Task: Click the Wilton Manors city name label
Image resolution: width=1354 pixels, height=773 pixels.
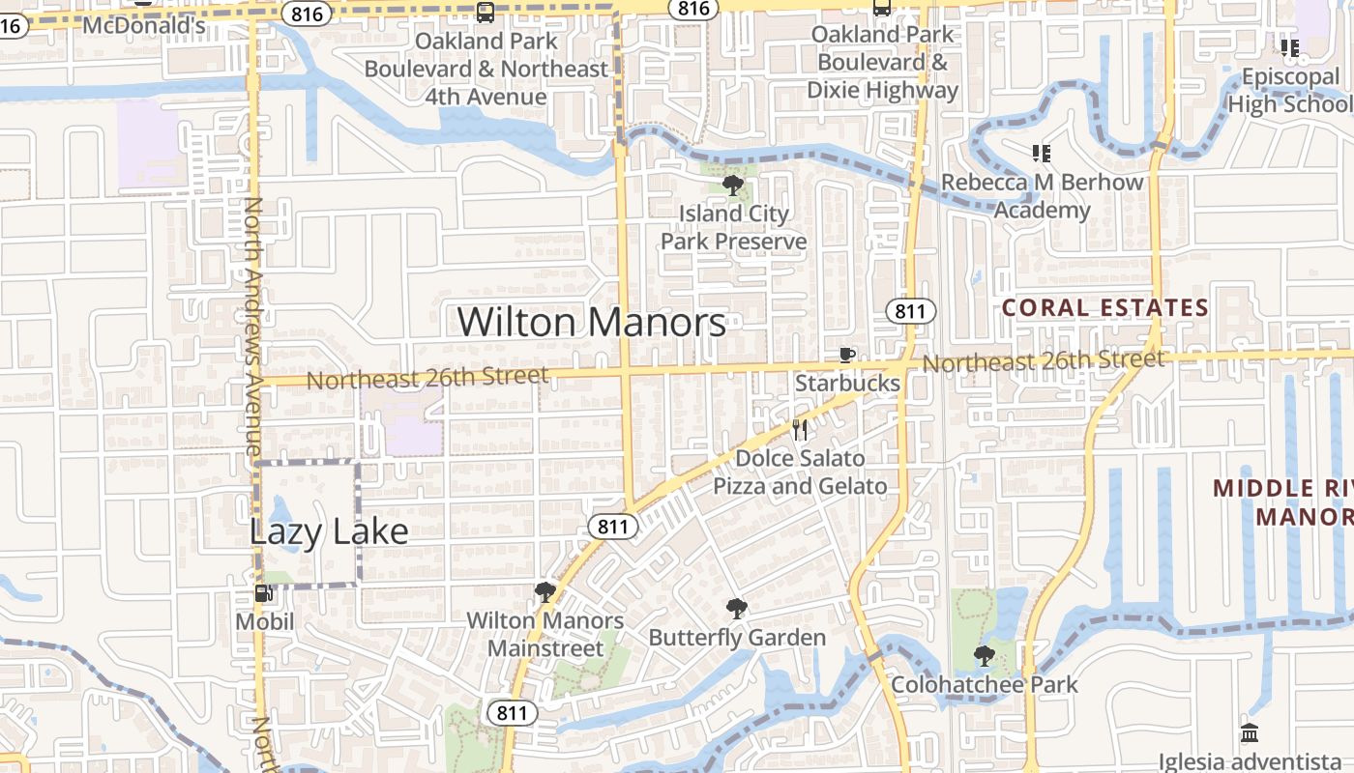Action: (x=591, y=322)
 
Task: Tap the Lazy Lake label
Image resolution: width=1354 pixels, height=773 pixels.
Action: (x=328, y=531)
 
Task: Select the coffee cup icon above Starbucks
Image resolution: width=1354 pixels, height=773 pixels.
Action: (x=847, y=355)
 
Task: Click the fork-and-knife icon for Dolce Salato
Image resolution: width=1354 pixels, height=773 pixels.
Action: (x=800, y=429)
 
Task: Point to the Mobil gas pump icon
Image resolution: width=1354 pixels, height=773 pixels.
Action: (x=263, y=592)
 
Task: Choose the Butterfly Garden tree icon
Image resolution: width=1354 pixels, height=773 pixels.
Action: (x=737, y=608)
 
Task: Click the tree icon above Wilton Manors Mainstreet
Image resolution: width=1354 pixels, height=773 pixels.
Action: (x=545, y=591)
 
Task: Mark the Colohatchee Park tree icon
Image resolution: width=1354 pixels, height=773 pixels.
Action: (x=985, y=656)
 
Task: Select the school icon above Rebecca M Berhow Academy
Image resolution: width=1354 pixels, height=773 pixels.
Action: (x=1042, y=153)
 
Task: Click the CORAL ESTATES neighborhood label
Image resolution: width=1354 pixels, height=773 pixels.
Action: (x=1104, y=308)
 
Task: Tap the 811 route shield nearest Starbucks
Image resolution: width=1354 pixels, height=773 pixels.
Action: (x=910, y=311)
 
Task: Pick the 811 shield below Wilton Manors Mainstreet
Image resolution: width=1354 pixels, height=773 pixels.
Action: (x=512, y=713)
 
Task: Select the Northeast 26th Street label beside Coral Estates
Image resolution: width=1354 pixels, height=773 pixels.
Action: (x=1043, y=362)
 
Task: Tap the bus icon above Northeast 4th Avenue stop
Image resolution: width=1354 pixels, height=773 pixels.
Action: (x=486, y=13)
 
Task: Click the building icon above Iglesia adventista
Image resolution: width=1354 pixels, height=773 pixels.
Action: (x=1249, y=732)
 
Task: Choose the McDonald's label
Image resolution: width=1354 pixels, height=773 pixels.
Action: (x=144, y=25)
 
